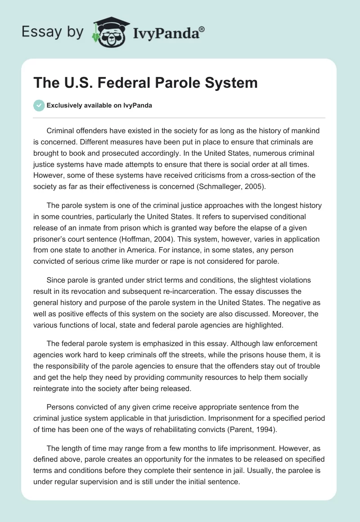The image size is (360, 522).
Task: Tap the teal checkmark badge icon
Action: [x=39, y=105]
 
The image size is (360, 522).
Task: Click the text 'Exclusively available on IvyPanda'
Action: [x=99, y=106]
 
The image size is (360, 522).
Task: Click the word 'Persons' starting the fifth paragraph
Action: [x=60, y=407]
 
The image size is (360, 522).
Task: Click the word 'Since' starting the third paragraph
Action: [x=56, y=280]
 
